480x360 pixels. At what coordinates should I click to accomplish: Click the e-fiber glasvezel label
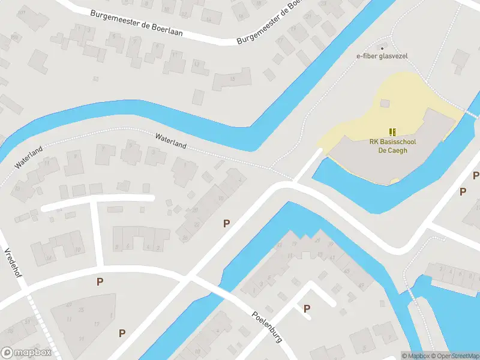[x=382, y=56]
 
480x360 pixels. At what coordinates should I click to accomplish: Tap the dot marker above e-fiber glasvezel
[x=382, y=47]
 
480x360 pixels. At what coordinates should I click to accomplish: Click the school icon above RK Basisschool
[x=393, y=131]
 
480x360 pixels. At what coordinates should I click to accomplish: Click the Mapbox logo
[x=26, y=353]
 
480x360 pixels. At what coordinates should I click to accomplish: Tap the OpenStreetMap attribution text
[x=455, y=356]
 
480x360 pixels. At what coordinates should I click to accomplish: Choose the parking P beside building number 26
[x=226, y=223]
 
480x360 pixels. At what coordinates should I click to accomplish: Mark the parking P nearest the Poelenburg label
[x=307, y=308]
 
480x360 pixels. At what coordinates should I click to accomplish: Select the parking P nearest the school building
[x=462, y=191]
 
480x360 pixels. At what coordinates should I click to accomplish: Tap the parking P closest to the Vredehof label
[x=100, y=281]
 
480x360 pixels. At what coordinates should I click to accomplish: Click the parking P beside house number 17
[x=122, y=333]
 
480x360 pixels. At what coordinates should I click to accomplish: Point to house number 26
[x=185, y=238]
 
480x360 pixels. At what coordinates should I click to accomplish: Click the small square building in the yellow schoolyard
[x=385, y=103]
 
